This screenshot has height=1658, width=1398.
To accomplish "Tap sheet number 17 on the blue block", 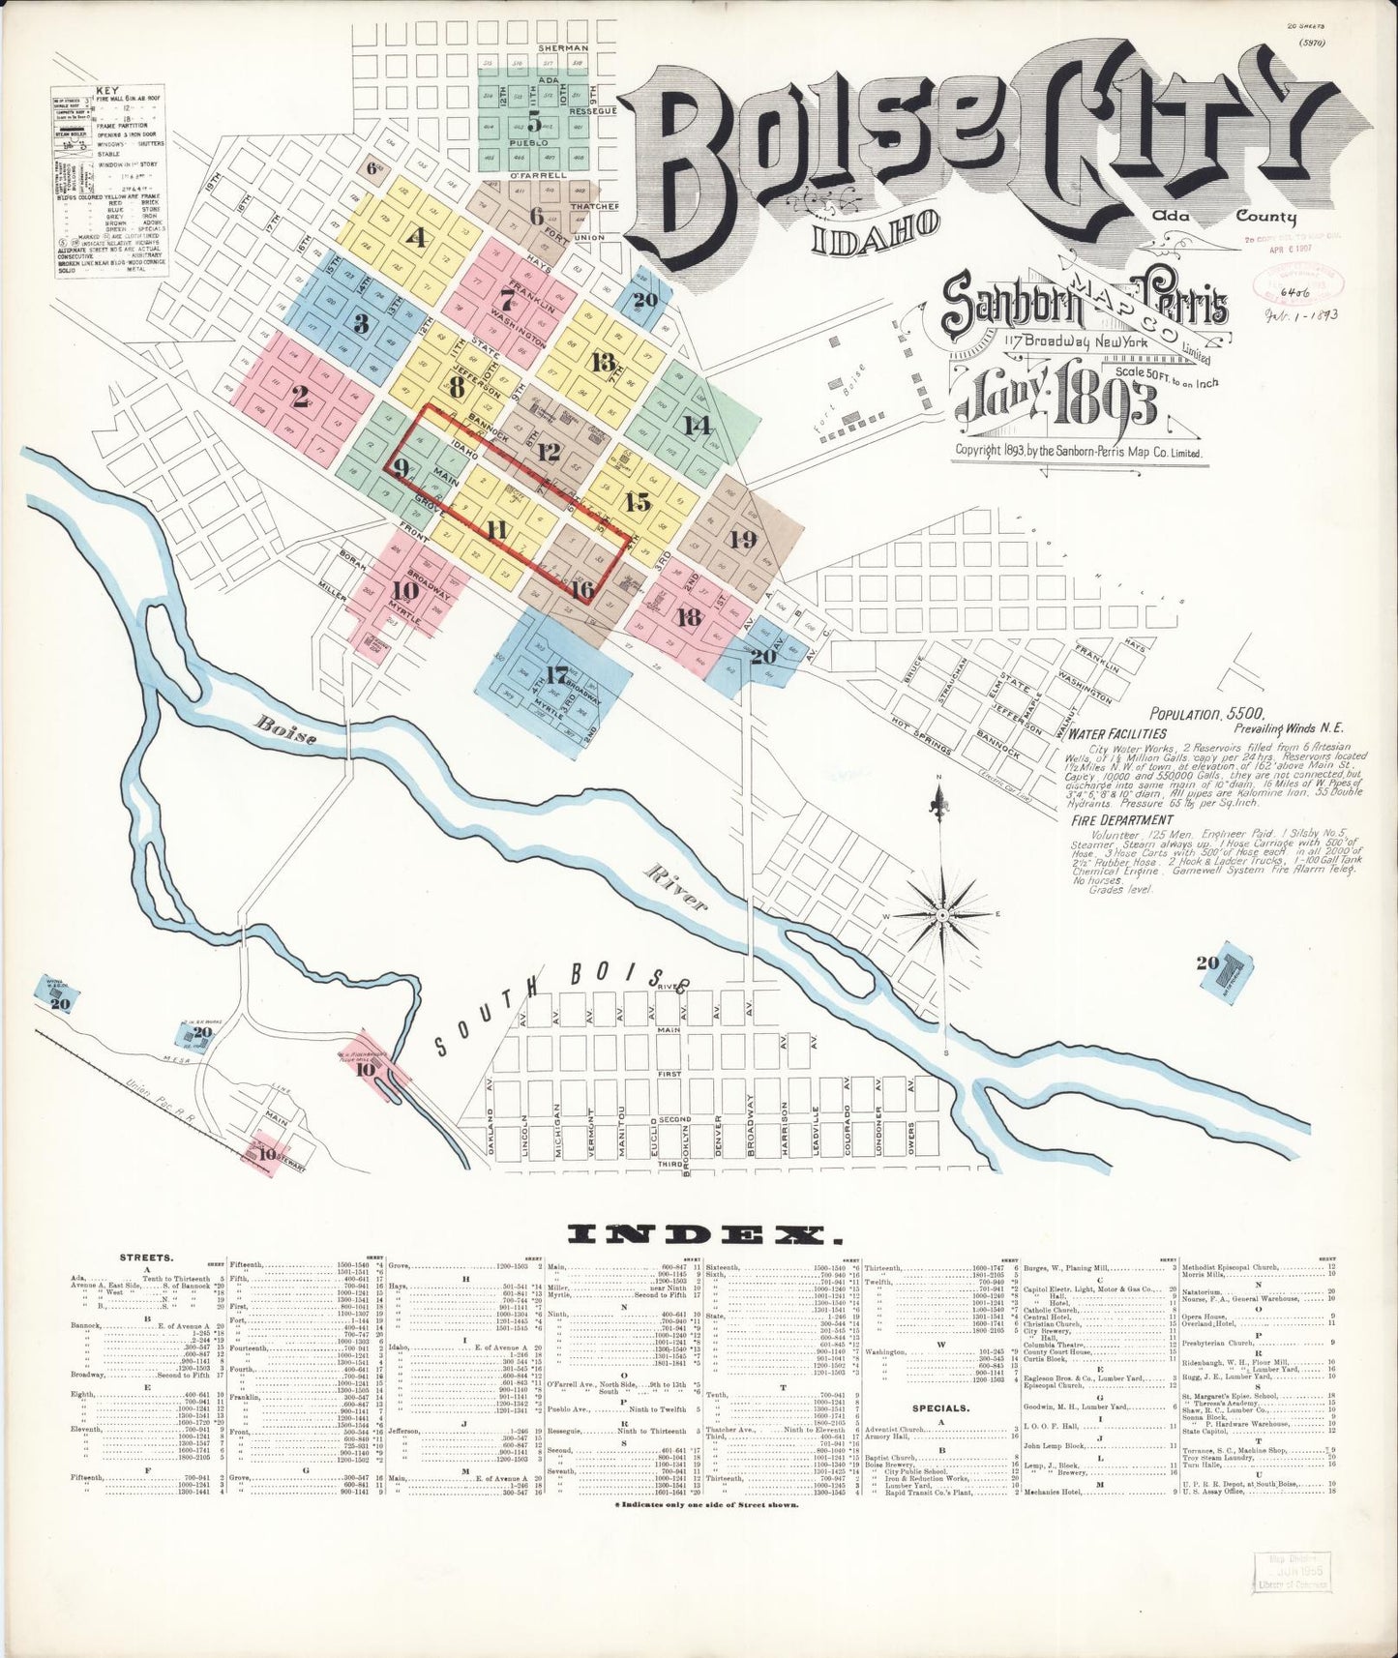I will [555, 675].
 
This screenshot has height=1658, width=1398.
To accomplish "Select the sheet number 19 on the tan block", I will [743, 539].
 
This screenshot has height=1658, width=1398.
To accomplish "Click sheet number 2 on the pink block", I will [299, 396].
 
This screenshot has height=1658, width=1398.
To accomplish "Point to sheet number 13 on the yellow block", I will [603, 363].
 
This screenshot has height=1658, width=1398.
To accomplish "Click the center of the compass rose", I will [940, 913].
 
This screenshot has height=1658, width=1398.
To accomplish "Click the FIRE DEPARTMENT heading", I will [1121, 819].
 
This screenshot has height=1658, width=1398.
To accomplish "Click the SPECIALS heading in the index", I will [940, 1407].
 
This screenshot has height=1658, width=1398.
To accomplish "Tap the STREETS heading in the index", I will [146, 1258].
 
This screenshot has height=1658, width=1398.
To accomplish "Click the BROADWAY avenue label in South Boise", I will [751, 1129].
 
